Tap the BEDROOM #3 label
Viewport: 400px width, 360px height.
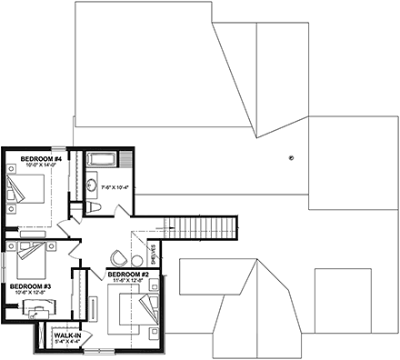28,285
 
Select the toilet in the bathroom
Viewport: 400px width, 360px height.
96,208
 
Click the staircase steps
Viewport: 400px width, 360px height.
205,226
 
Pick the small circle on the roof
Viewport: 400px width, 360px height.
291,156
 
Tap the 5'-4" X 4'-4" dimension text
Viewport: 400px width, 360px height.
65,341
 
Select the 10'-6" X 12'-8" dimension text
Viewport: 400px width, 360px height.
28,293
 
